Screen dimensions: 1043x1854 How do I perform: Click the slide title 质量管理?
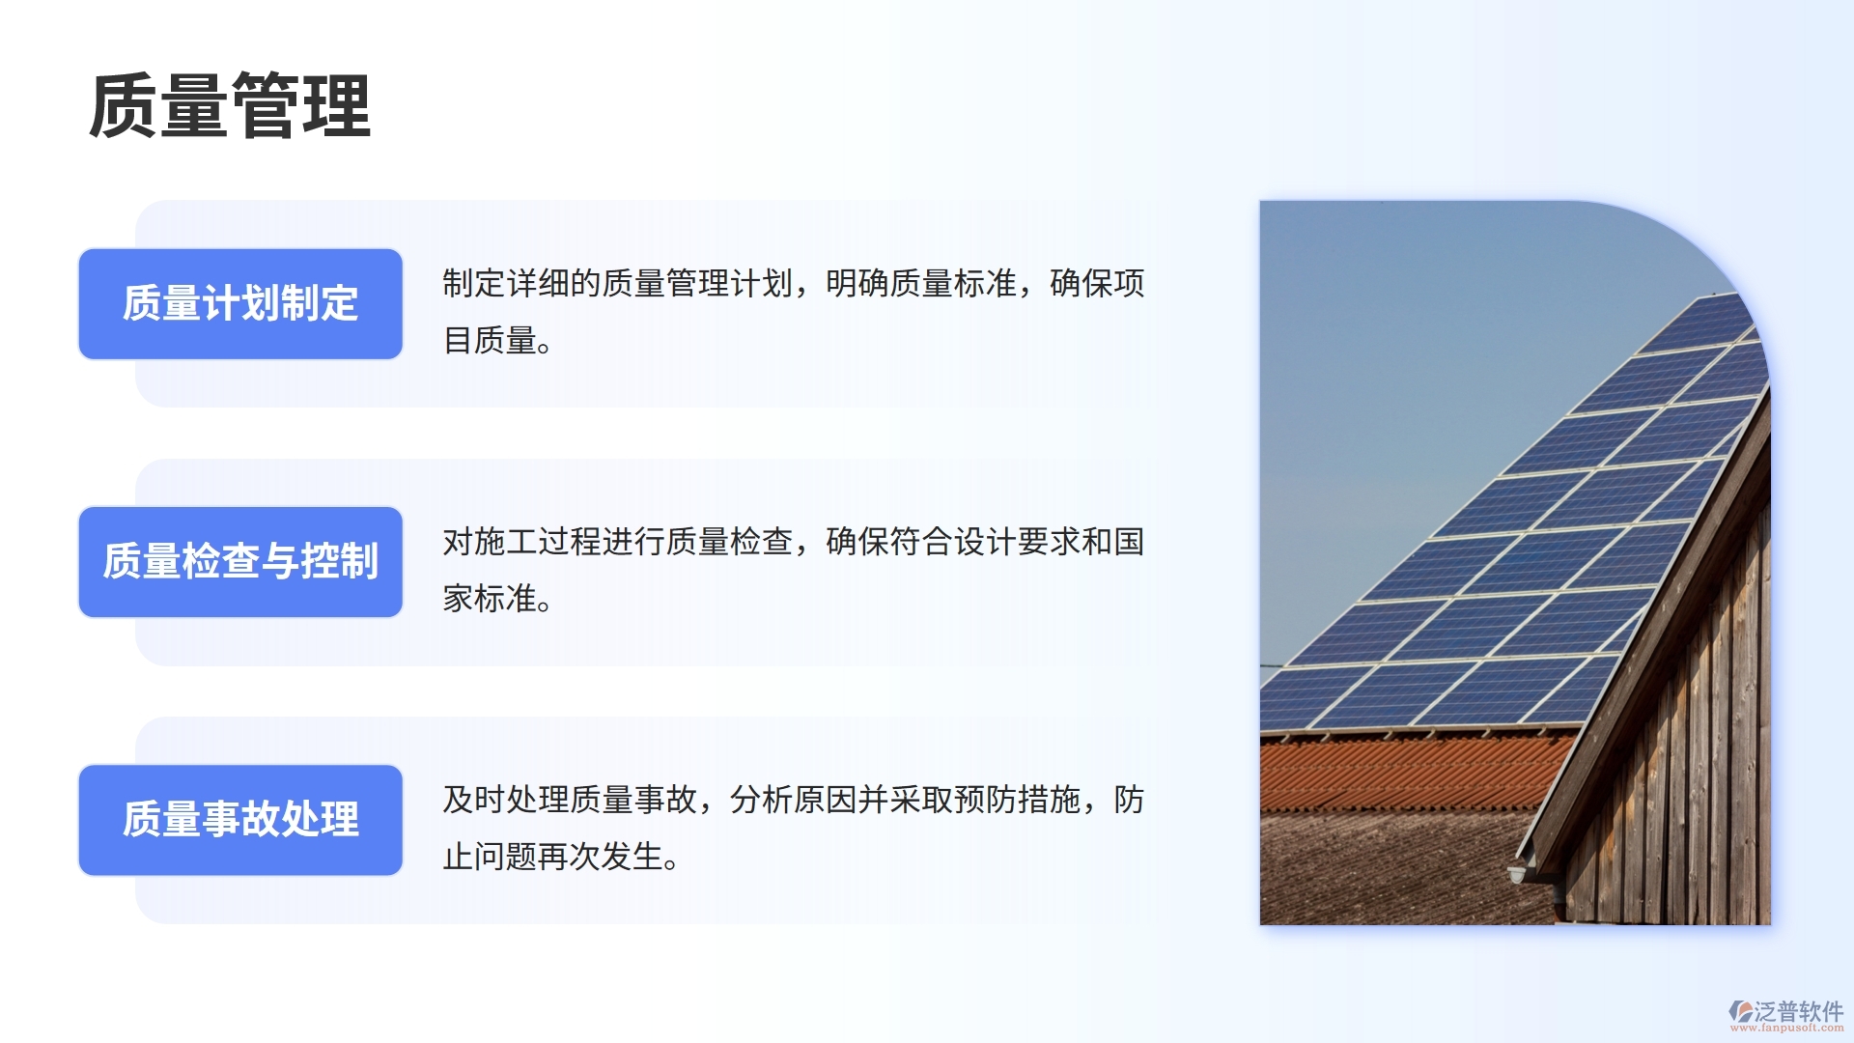point(230,106)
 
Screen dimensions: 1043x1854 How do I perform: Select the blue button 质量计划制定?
point(240,304)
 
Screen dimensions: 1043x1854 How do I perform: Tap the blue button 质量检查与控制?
point(240,562)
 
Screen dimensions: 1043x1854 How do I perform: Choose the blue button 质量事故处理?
point(240,820)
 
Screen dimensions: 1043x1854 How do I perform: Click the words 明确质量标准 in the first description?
point(921,284)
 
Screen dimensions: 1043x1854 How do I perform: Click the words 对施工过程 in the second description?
point(521,542)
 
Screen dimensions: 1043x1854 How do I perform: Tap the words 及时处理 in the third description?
point(505,800)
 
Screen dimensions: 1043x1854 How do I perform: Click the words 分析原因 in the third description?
point(793,800)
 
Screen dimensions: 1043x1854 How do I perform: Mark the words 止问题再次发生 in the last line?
point(552,857)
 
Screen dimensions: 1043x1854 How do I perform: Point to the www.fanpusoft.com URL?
point(1786,1029)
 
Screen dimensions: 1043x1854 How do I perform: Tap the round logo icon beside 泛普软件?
point(1741,1011)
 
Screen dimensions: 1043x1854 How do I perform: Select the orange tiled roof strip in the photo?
point(1400,773)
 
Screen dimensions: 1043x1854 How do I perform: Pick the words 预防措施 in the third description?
point(1016,800)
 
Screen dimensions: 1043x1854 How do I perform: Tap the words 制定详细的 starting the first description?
point(521,284)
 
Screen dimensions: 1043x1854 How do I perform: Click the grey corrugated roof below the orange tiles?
point(1381,869)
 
